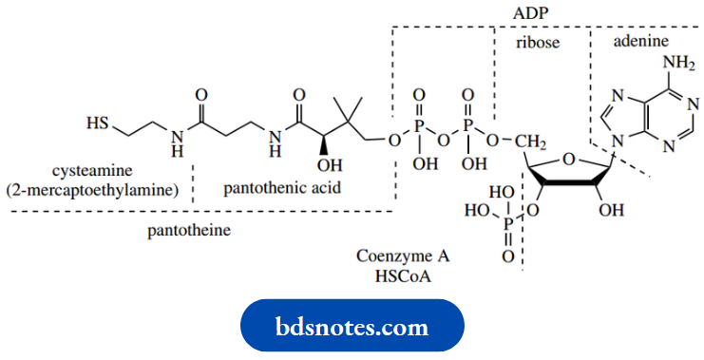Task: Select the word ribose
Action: pyautogui.click(x=538, y=44)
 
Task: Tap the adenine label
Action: pyautogui.click(x=640, y=43)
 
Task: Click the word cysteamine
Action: pyautogui.click(x=90, y=172)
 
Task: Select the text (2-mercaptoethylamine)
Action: pyautogui.click(x=92, y=189)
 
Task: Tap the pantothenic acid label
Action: pyautogui.click(x=282, y=189)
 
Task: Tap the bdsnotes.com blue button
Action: pyautogui.click(x=352, y=327)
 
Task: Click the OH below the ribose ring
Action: pyautogui.click(x=610, y=206)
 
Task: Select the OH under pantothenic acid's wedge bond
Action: pyautogui.click(x=315, y=167)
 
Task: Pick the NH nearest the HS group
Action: pyautogui.click(x=175, y=141)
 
